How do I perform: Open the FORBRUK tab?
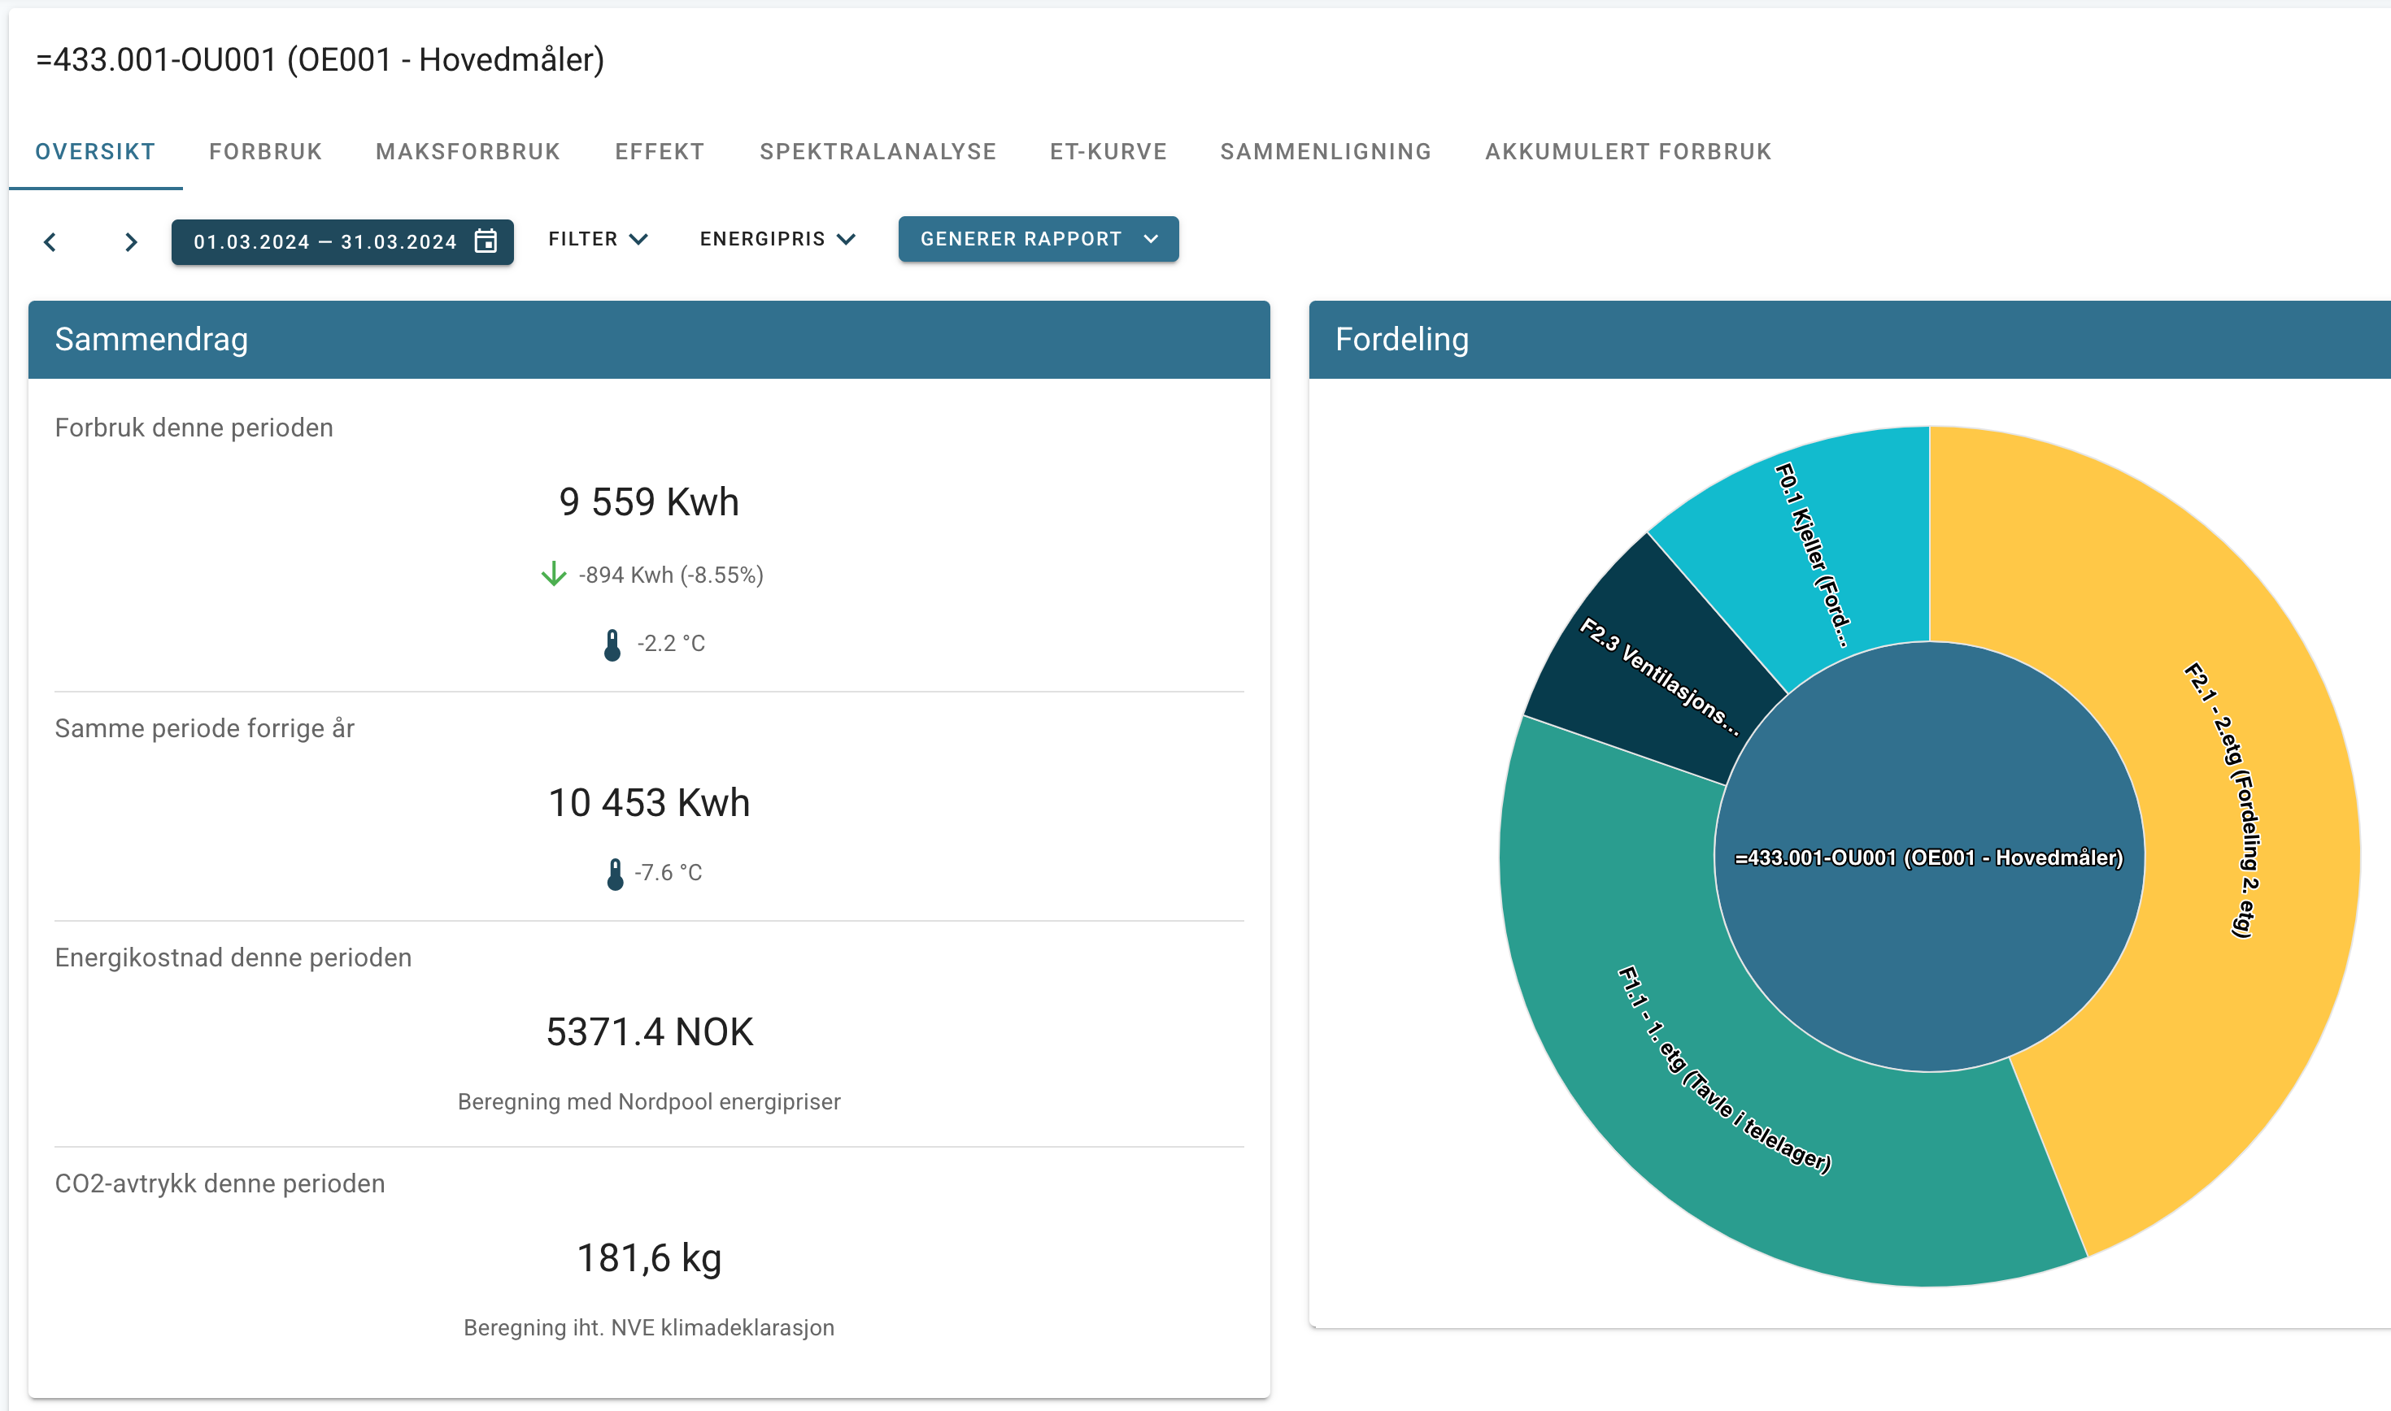265,152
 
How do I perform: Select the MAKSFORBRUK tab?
468,152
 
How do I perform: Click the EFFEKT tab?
659,152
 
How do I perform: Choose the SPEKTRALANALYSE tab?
878,152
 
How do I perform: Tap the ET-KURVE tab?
1108,152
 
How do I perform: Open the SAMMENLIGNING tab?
1326,152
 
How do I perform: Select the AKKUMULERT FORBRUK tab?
1628,152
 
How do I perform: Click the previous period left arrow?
50,242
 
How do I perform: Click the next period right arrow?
131,242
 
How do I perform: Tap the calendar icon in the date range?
486,241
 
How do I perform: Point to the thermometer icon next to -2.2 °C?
612,645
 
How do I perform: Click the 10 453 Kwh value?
650,802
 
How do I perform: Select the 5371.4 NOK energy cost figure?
650,1031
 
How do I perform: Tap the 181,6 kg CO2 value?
650,1258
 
